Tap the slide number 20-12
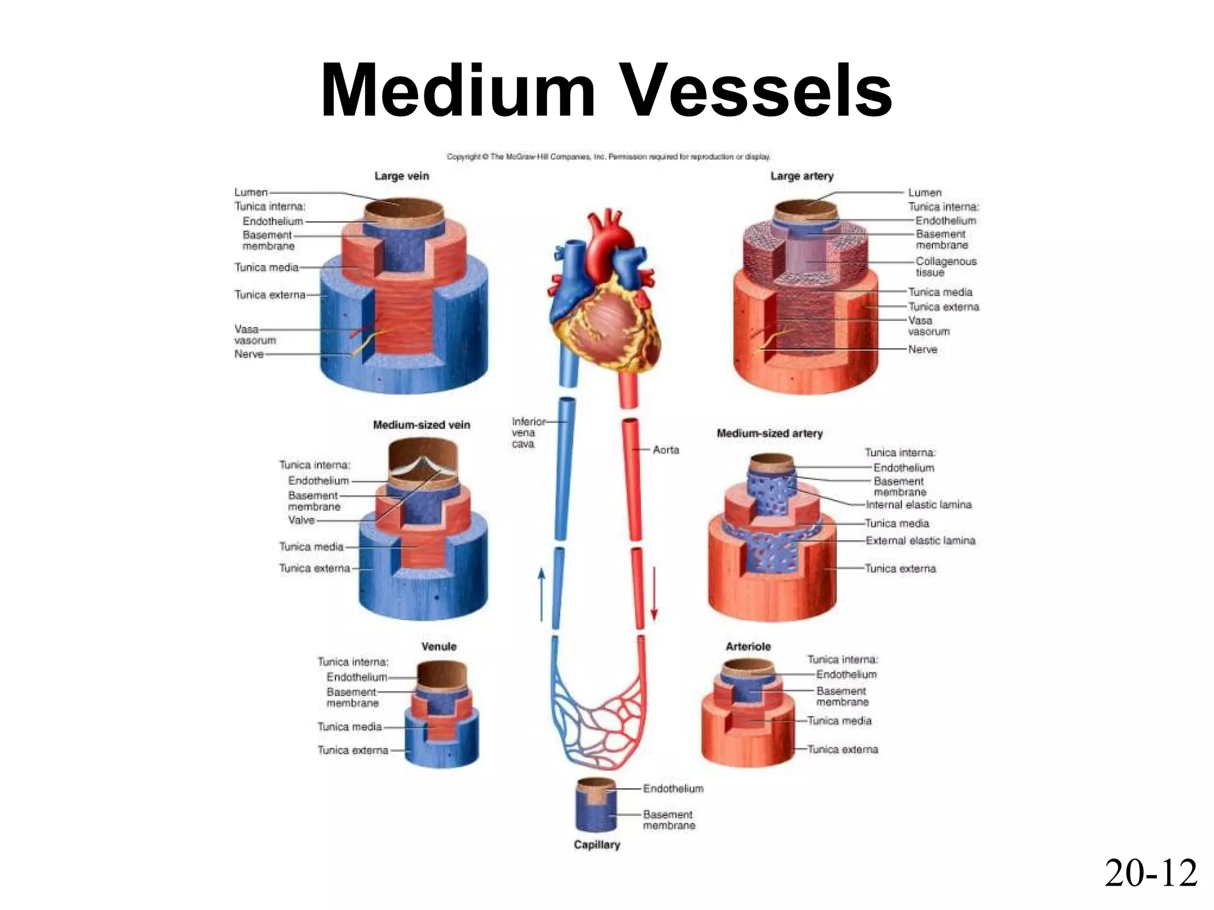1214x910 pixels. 1151,873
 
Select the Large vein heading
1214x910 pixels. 401,176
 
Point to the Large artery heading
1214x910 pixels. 801,176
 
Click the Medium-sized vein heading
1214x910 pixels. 421,425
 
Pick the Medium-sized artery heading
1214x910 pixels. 769,433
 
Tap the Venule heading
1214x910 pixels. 439,646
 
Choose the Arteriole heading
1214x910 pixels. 748,646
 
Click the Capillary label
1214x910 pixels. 596,844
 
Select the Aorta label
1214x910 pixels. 666,450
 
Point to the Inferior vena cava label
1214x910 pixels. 528,432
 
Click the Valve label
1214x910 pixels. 301,520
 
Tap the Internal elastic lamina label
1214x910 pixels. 918,505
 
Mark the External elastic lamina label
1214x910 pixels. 920,540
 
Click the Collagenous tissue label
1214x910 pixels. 945,267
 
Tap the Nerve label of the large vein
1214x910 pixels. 249,354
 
